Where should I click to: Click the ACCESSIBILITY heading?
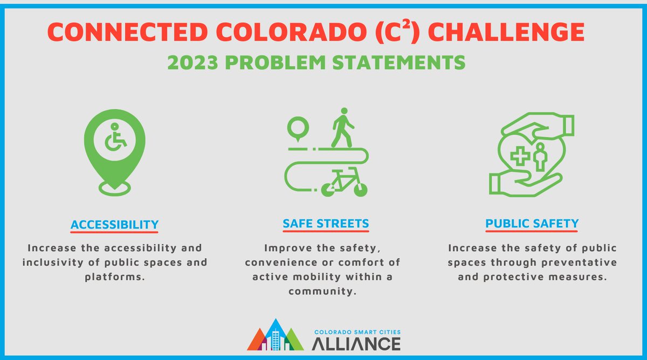tap(114, 224)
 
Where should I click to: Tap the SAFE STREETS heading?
tap(326, 223)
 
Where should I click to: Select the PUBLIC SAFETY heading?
tap(532, 223)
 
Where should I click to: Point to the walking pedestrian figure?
tap(342, 128)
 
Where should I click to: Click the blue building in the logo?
tap(276, 337)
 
